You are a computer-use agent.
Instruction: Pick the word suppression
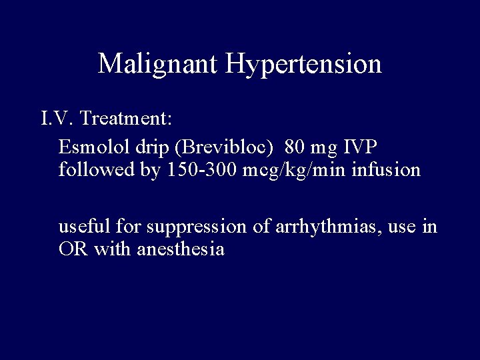[x=189, y=227]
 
